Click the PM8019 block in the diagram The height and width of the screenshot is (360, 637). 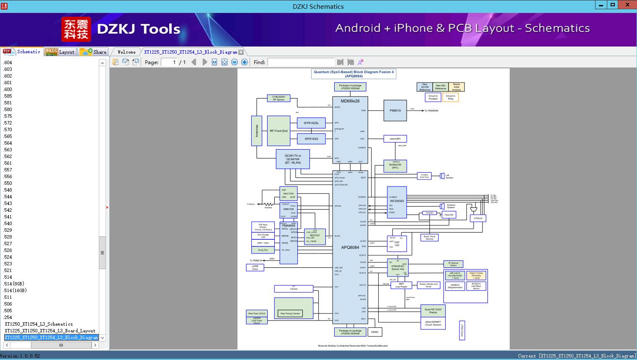pos(395,111)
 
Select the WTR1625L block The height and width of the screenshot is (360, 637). pos(311,123)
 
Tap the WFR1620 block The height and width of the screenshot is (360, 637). pos(311,139)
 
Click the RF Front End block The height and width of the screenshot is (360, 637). pos(279,131)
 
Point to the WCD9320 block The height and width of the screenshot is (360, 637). pos(397,202)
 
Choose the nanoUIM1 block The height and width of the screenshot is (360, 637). pos(395,139)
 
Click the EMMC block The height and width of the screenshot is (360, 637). pos(375,332)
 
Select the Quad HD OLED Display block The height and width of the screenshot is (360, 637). pos(433,311)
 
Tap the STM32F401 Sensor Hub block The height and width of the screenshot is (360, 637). pos(397,267)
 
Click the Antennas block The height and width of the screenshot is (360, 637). pos(257,131)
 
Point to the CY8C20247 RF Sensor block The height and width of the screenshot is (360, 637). pos(279,98)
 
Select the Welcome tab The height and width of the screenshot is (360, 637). pos(126,52)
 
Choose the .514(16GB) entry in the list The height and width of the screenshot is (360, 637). pos(15,290)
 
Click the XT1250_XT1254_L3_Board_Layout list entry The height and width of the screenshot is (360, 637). pos(50,331)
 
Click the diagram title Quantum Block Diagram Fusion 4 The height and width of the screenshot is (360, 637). pos(354,74)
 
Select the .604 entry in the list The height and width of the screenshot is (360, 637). pos(8,62)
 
